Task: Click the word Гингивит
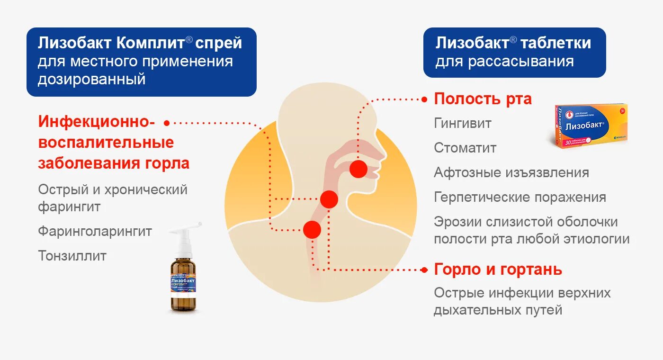coord(463,124)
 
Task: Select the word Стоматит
coord(465,148)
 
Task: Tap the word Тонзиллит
coord(72,256)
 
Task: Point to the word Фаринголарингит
coord(95,232)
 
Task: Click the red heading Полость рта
coord(483,99)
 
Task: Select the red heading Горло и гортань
coord(498,270)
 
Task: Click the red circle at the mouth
coord(358,169)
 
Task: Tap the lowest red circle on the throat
coord(312,230)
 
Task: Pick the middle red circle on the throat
coord(329,199)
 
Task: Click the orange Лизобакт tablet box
coord(590,126)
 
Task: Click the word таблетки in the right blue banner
coord(555,43)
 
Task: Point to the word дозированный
coord(91,79)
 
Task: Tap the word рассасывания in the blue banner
coord(522,62)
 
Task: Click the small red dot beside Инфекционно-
coord(167,122)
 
